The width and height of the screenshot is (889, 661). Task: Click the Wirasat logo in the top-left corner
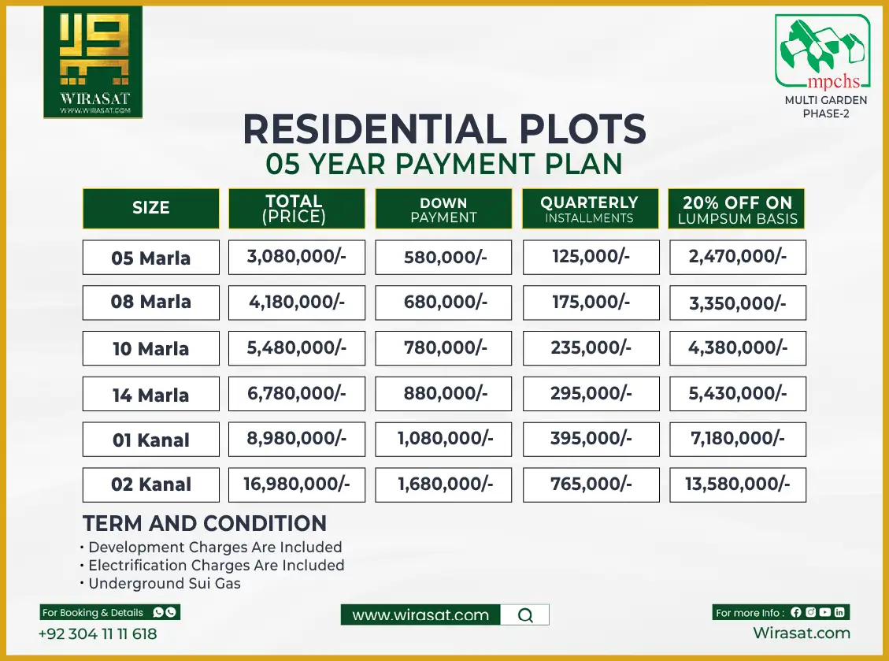click(93, 62)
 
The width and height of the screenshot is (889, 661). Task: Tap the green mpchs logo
click(823, 52)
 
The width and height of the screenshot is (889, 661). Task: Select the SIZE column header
click(151, 208)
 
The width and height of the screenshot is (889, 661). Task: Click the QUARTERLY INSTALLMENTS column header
click(591, 209)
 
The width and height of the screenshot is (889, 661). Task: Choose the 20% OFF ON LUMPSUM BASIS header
click(738, 209)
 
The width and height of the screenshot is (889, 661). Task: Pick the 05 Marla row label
click(151, 258)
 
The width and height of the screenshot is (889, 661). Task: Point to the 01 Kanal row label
click(151, 440)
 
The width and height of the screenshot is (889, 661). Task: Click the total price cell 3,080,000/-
click(297, 257)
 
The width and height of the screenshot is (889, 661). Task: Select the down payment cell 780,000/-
click(443, 347)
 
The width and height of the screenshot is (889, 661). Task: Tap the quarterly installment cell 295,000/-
click(591, 393)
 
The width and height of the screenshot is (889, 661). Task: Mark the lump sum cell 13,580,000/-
click(738, 484)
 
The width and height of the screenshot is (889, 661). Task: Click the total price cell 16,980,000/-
click(297, 484)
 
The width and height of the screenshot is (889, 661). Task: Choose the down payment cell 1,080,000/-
click(443, 439)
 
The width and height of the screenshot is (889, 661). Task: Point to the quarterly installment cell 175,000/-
click(591, 302)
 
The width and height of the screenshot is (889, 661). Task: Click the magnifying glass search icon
click(526, 615)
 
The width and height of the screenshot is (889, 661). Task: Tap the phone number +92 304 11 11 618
click(98, 633)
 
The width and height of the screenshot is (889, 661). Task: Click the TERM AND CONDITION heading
click(205, 524)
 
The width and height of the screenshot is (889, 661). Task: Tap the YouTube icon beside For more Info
click(824, 612)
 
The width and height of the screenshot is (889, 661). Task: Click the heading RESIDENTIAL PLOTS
click(444, 129)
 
